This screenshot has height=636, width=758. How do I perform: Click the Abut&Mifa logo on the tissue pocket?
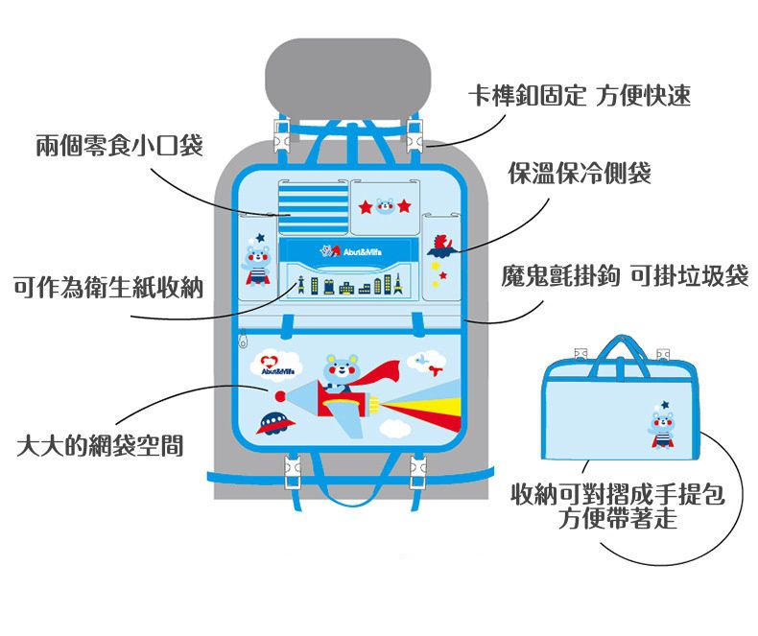(x=344, y=252)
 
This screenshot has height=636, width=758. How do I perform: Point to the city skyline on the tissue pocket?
(x=349, y=285)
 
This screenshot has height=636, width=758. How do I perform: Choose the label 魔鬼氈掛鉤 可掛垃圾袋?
(x=625, y=277)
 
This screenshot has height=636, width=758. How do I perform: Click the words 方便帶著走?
(x=620, y=520)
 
